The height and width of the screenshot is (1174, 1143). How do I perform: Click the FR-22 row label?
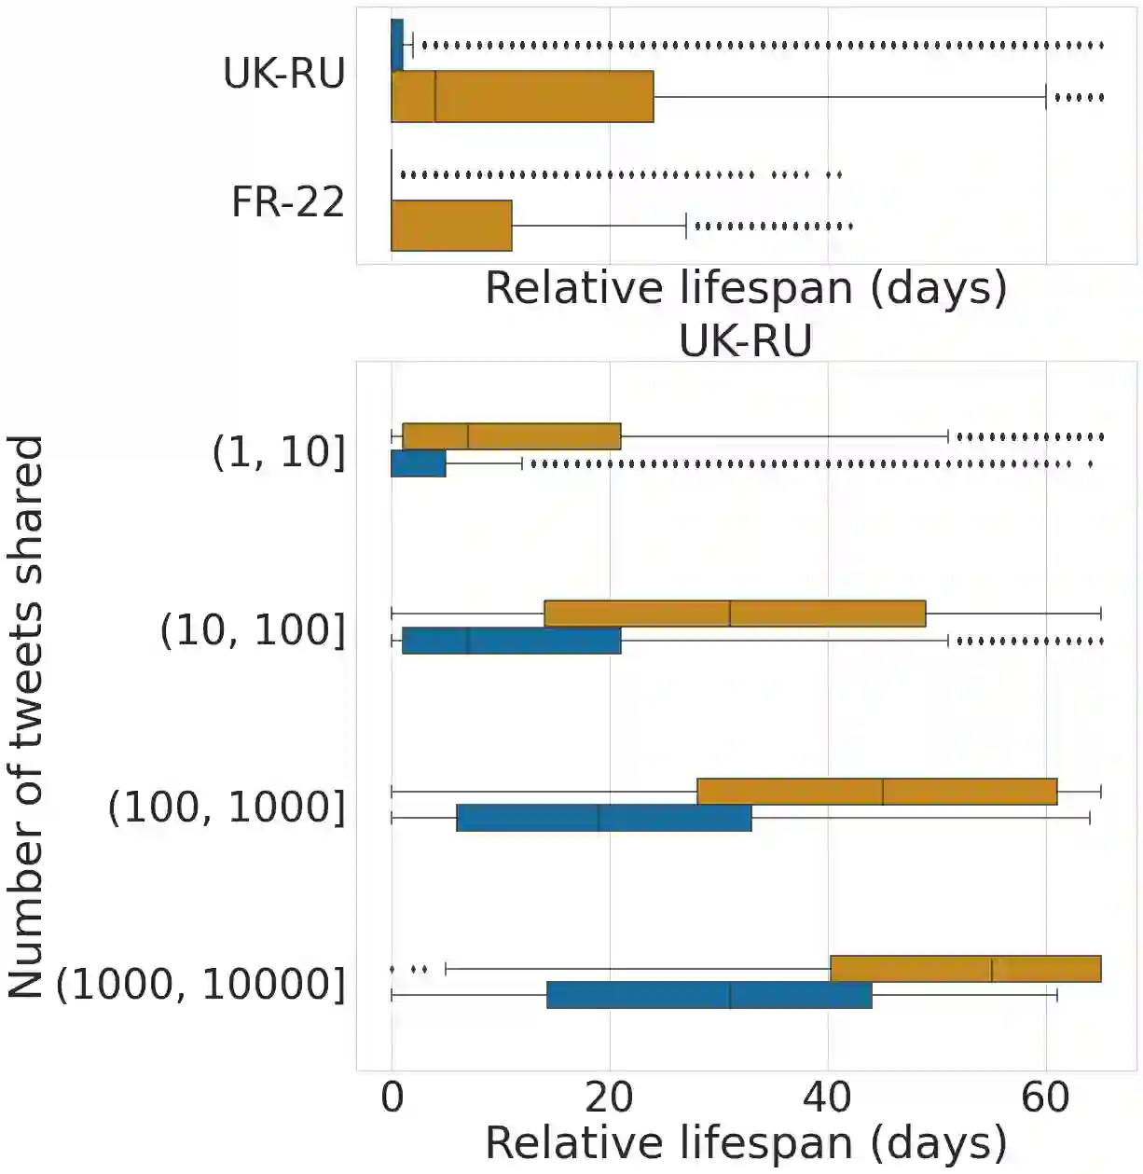[288, 202]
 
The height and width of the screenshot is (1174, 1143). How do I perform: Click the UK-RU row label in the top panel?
[283, 74]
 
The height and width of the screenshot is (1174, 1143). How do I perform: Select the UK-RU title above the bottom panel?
[745, 340]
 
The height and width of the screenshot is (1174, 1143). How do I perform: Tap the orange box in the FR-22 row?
[451, 226]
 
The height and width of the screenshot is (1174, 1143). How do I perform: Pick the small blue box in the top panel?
[397, 45]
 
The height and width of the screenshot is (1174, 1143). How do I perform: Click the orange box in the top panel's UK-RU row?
[522, 96]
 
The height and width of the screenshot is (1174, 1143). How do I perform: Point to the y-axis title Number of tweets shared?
[25, 716]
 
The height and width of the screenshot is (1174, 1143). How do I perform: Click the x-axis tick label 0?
[392, 1098]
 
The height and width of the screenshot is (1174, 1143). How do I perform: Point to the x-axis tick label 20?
[610, 1098]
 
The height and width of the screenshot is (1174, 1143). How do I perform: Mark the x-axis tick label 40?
[827, 1098]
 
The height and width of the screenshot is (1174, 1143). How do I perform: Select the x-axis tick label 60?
[1045, 1098]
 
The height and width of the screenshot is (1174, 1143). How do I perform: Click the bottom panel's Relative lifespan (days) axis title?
[746, 1143]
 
